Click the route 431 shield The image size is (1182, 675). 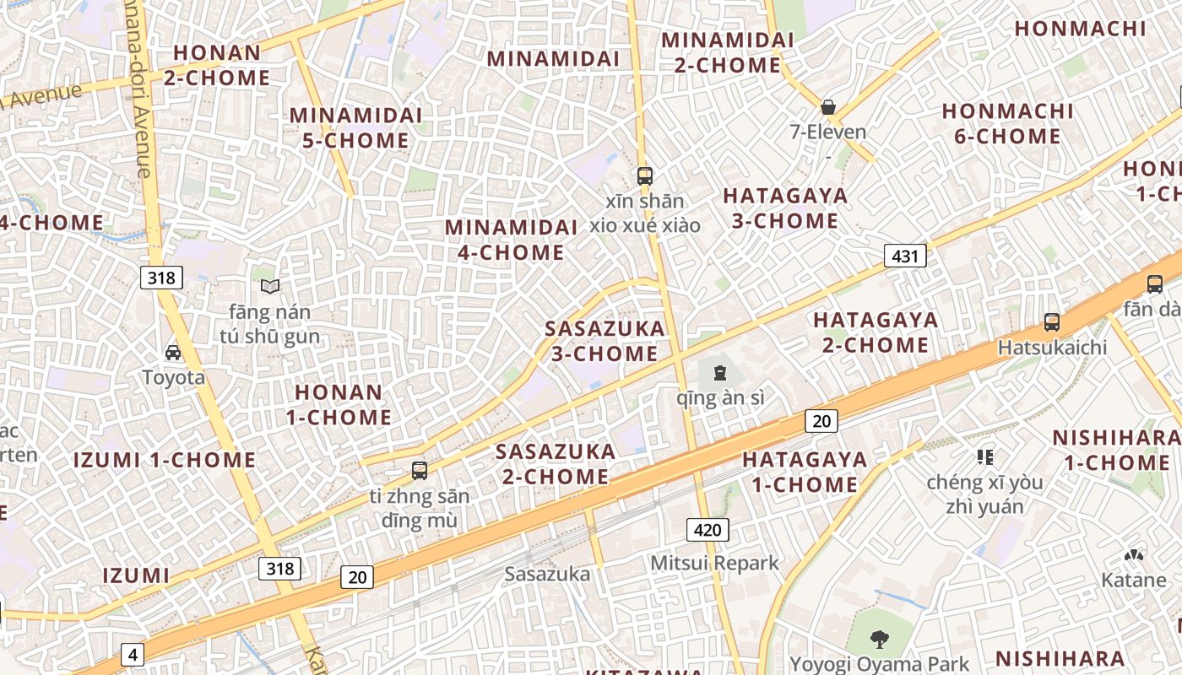click(x=905, y=256)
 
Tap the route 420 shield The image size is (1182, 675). click(x=707, y=530)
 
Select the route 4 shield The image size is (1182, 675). click(x=133, y=654)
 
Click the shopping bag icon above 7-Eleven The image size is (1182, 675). click(x=828, y=107)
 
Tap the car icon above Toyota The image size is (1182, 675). click(x=173, y=353)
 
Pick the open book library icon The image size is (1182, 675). click(x=269, y=287)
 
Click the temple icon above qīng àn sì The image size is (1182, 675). click(x=720, y=372)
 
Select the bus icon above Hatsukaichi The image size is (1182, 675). click(x=1052, y=322)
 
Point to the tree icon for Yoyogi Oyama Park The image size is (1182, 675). click(x=879, y=640)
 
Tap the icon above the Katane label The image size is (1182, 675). click(x=1133, y=556)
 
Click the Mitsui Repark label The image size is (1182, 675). click(x=714, y=563)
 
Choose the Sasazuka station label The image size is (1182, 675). click(x=547, y=575)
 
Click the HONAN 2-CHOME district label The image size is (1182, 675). click(x=217, y=65)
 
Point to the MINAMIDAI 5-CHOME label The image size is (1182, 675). click(x=355, y=127)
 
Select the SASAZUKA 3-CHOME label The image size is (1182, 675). click(x=605, y=341)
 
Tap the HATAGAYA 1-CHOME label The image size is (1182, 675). click(x=805, y=472)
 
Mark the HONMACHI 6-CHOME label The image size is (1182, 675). click(x=1007, y=123)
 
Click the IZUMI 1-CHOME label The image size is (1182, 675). click(x=164, y=460)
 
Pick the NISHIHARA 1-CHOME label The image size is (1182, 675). click(x=1116, y=450)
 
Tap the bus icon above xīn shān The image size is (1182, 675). click(x=645, y=176)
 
